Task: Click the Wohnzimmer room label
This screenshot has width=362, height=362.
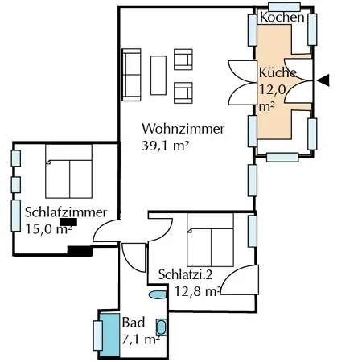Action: pyautogui.click(x=183, y=129)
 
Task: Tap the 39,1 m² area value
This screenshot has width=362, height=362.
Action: pyautogui.click(x=166, y=146)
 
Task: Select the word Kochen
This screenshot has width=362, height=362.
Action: pyautogui.click(x=282, y=18)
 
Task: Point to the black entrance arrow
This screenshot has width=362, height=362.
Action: pyautogui.click(x=323, y=80)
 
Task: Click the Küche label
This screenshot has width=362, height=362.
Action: pyautogui.click(x=278, y=72)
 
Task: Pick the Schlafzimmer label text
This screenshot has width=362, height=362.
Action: pyautogui.click(x=66, y=212)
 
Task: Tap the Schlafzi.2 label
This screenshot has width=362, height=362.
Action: pyautogui.click(x=185, y=274)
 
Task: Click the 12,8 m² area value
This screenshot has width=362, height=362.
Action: pyautogui.click(x=198, y=291)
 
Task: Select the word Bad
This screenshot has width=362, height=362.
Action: pyautogui.click(x=134, y=323)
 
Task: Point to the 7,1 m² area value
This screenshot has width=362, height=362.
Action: pyautogui.click(x=141, y=339)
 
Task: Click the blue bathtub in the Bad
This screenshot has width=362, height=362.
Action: pyautogui.click(x=109, y=335)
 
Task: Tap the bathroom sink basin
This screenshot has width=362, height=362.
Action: pyautogui.click(x=161, y=327)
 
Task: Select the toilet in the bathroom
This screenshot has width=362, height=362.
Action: pyautogui.click(x=158, y=294)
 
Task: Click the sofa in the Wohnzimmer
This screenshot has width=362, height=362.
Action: pyautogui.click(x=131, y=75)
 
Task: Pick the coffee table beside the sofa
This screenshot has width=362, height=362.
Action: pyautogui.click(x=158, y=76)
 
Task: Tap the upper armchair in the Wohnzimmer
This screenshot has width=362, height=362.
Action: pyautogui.click(x=183, y=60)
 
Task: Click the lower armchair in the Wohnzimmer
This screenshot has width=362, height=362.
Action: pyautogui.click(x=183, y=93)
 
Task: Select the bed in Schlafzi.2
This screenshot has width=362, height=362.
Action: pyautogui.click(x=210, y=240)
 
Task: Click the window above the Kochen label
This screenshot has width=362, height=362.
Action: pyautogui.click(x=284, y=7)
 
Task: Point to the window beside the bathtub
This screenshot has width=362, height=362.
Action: pyautogui.click(x=97, y=335)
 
